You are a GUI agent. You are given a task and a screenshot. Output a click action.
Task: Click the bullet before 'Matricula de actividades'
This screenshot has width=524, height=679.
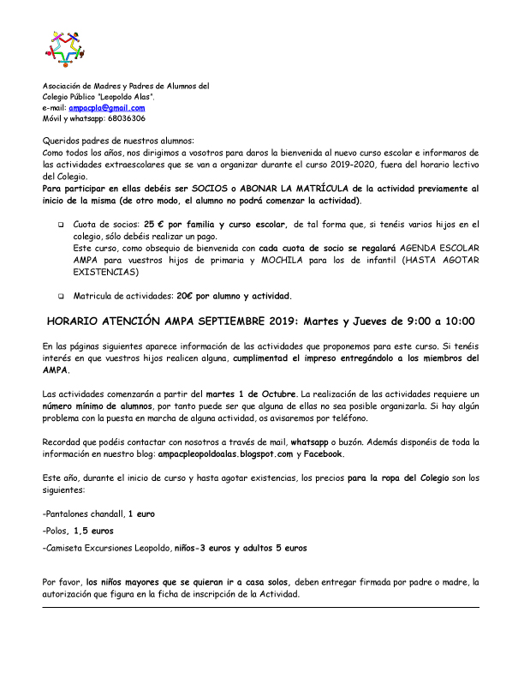[x=61, y=297]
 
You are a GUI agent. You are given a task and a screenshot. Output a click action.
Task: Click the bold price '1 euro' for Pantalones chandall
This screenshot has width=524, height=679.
[x=142, y=514]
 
